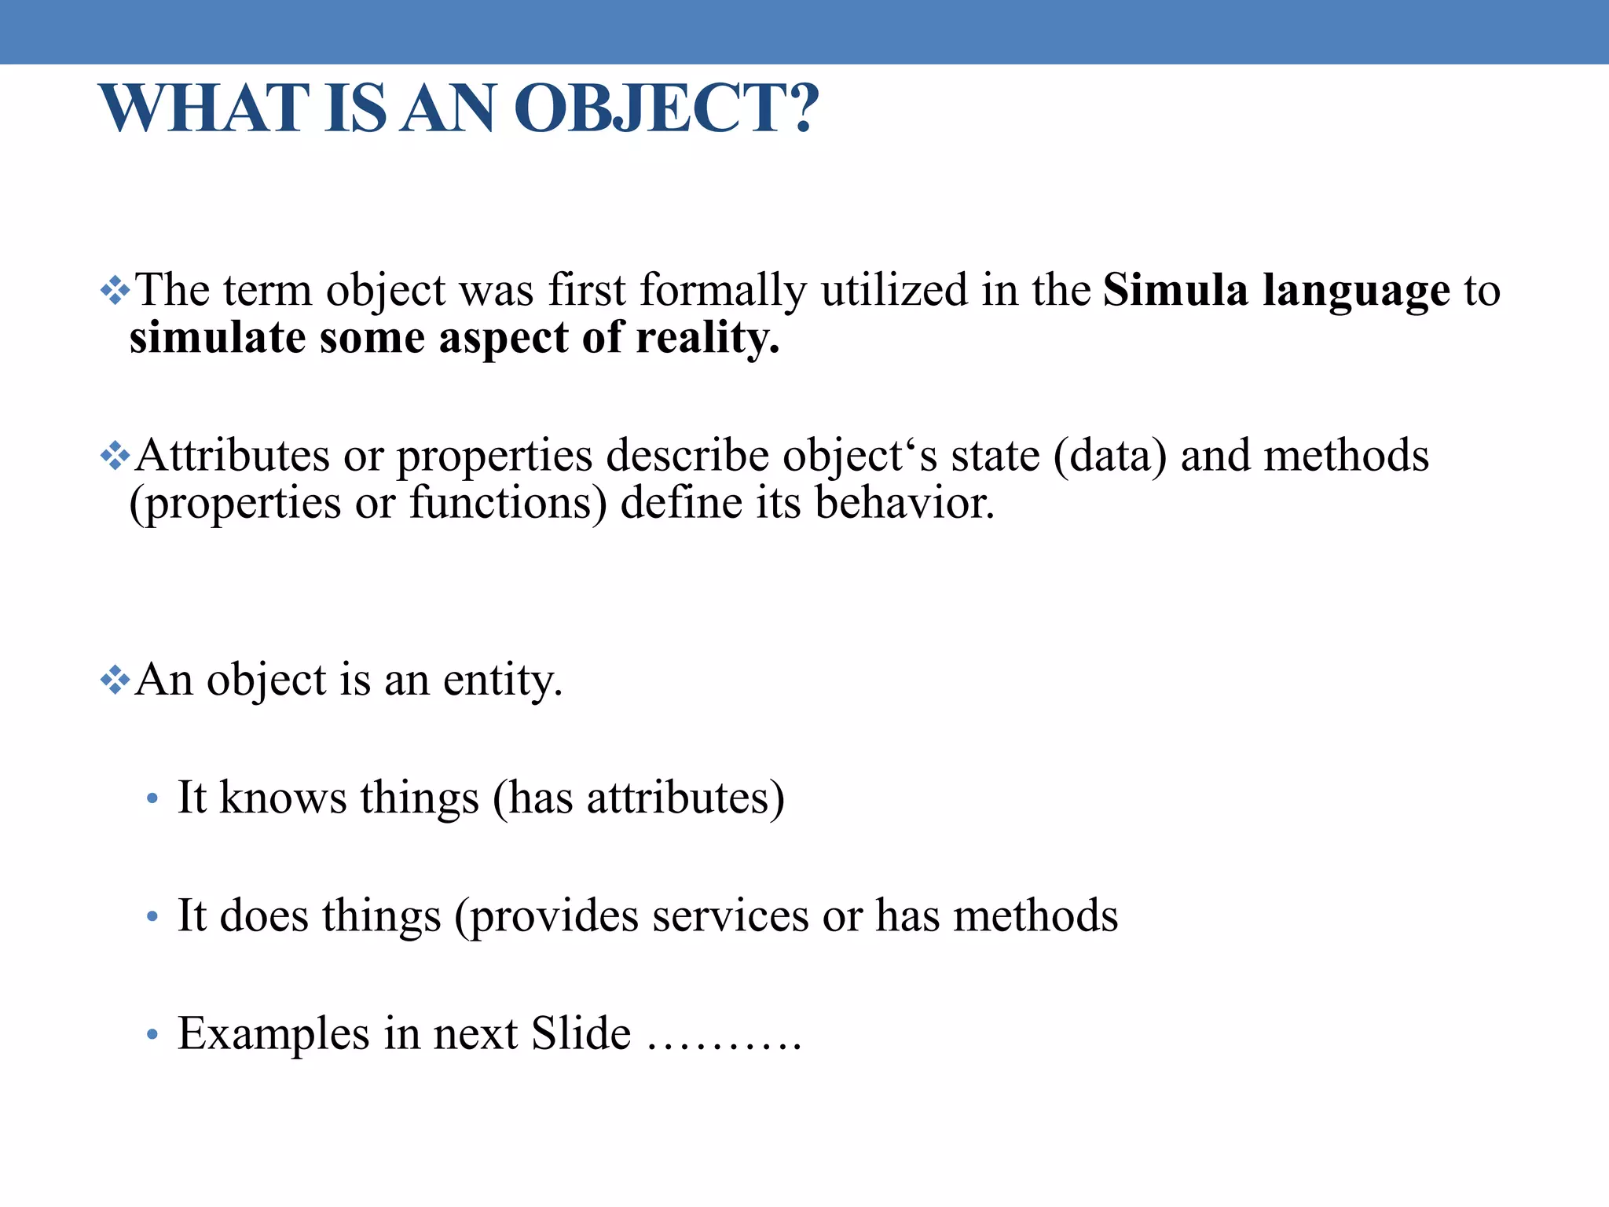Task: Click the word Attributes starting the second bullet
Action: [x=233, y=456]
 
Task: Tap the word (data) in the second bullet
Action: [x=1109, y=456]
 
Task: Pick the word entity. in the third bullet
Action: [x=503, y=681]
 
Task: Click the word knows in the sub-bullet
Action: [x=283, y=798]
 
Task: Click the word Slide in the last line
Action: [x=581, y=1033]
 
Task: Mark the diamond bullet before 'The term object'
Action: [x=115, y=291]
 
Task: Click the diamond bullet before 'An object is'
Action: [x=115, y=680]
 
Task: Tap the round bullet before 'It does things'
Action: [x=152, y=917]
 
